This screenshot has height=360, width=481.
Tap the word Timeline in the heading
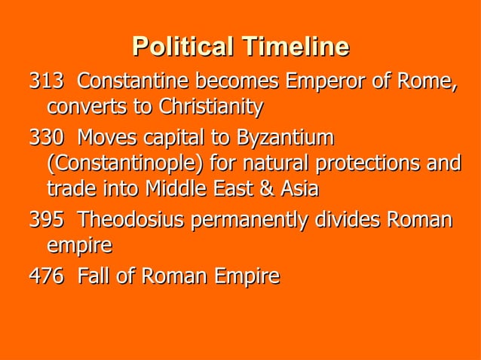click(295, 47)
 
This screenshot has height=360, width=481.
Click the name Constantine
click(131, 80)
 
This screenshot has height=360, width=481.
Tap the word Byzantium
click(285, 139)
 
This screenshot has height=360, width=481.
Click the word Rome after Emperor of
click(430, 80)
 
